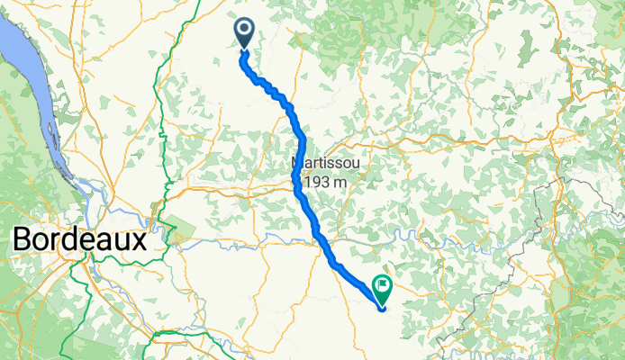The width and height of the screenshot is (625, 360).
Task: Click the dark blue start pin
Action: pyautogui.click(x=244, y=33)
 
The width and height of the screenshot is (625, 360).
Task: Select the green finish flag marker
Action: pyautogui.click(x=381, y=289)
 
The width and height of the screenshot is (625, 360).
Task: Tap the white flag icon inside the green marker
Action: pyautogui.click(x=382, y=286)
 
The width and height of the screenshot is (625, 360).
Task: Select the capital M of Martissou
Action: pyautogui.click(x=298, y=164)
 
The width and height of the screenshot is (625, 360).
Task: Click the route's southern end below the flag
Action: pyautogui.click(x=382, y=309)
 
